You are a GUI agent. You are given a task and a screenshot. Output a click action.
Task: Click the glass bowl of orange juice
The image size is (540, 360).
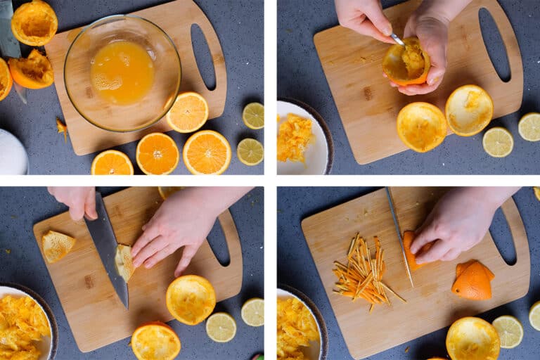[x=122, y=73]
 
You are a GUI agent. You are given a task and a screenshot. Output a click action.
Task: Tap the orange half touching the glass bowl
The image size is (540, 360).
[x=188, y=112]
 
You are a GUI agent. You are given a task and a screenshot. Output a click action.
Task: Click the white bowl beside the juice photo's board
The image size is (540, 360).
[x=12, y=152]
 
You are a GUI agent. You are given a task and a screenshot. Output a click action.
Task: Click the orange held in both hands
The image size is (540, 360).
[x=406, y=62]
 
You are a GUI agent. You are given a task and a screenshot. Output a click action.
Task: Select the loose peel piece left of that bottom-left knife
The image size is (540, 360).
[x=57, y=245]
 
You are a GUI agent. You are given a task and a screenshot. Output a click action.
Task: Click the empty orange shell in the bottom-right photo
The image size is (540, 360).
[x=472, y=338]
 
